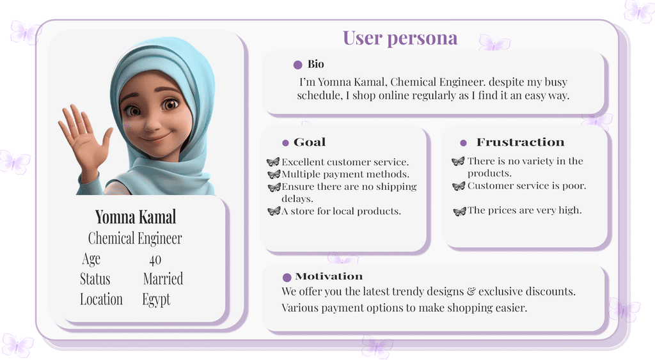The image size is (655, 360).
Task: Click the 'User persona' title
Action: pyautogui.click(x=400, y=38)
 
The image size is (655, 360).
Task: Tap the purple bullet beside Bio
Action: pyautogui.click(x=298, y=65)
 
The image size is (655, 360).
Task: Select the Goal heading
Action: pyautogui.click(x=310, y=142)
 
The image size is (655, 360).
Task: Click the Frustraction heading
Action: pyautogui.click(x=520, y=142)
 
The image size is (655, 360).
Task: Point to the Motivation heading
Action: pyautogui.click(x=329, y=276)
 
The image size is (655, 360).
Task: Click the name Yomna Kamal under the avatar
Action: pyautogui.click(x=136, y=217)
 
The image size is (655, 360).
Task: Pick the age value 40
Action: pyautogui.click(x=155, y=260)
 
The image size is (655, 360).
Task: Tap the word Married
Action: pyautogui.click(x=163, y=279)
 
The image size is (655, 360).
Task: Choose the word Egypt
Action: pyautogui.click(x=156, y=299)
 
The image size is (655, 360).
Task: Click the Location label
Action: pyautogui.click(x=102, y=299)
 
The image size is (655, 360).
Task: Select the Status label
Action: pyautogui.click(x=95, y=279)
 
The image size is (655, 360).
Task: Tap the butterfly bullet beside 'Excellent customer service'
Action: pyautogui.click(x=272, y=162)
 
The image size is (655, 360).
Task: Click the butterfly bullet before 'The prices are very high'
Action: pyautogui.click(x=459, y=211)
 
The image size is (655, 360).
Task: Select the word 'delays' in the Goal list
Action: pyautogui.click(x=297, y=199)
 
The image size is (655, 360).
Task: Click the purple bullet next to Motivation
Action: pyautogui.click(x=287, y=278)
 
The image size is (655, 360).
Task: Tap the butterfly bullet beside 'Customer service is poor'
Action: pyautogui.click(x=459, y=186)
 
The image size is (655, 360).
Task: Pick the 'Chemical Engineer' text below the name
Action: pyautogui.click(x=135, y=239)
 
